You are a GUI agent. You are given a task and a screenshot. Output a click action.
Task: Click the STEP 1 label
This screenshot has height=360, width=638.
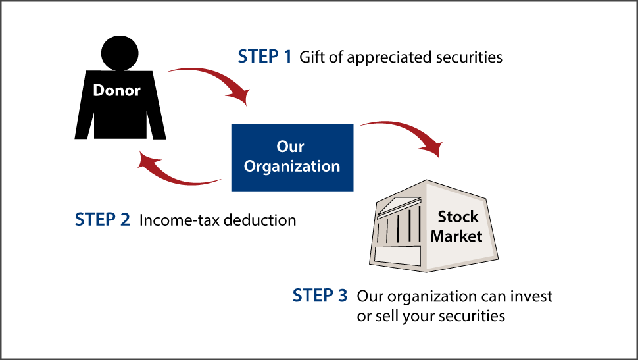click(264, 57)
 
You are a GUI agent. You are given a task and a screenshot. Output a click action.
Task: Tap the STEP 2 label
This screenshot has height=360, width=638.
click(103, 219)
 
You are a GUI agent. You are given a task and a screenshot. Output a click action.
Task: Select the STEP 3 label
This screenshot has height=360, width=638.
click(320, 296)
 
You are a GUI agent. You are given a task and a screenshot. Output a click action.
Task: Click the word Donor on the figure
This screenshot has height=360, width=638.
click(116, 90)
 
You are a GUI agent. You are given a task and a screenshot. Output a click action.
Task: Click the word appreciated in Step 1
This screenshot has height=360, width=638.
click(389, 57)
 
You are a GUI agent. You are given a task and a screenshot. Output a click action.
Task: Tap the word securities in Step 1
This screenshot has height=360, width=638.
click(469, 57)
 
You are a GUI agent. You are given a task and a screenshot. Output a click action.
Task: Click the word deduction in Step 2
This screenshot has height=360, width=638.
click(260, 219)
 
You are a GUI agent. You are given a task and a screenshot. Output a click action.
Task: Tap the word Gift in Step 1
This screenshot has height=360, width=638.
click(312, 57)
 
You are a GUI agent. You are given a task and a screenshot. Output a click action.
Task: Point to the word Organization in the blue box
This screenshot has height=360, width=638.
click(292, 167)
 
